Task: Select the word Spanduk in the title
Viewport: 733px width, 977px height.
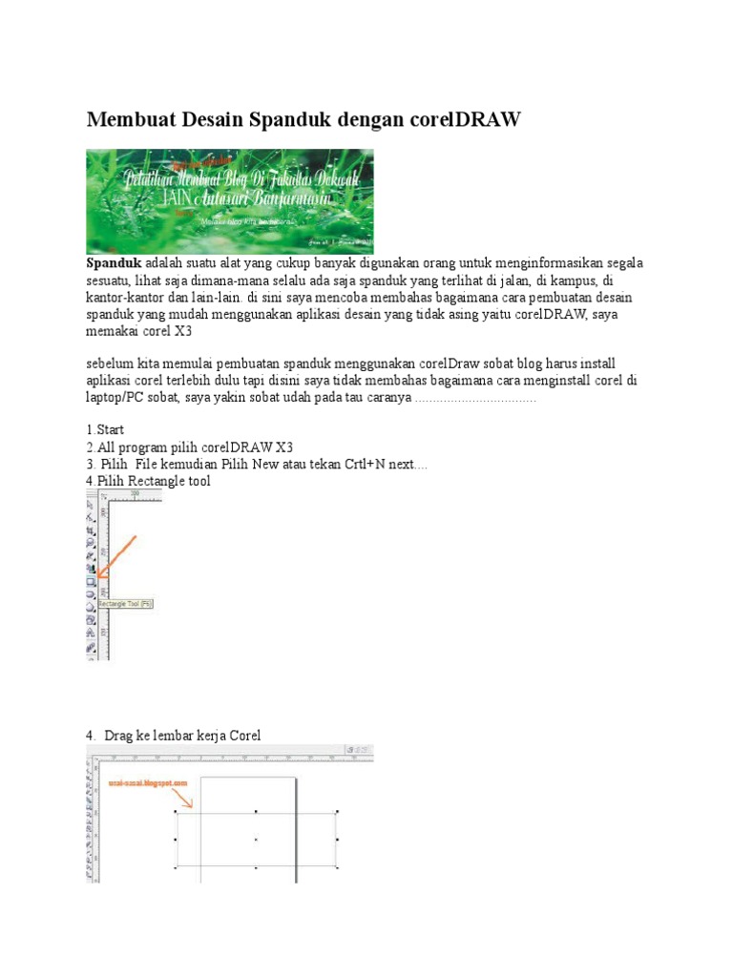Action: [294, 120]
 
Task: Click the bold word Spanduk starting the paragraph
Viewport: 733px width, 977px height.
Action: [114, 262]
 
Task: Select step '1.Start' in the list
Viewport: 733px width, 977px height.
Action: [105, 430]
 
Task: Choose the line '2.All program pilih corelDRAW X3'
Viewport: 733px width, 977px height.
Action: [190, 447]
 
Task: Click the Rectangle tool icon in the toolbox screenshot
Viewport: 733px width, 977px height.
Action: [92, 580]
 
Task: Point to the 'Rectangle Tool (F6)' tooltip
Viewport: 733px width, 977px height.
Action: [120, 604]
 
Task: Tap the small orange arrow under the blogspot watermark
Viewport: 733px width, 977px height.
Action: [185, 798]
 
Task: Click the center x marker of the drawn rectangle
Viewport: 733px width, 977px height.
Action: [256, 840]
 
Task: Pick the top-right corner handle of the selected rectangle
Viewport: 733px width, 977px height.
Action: [337, 812]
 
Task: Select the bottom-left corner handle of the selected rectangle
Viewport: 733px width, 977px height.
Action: [176, 868]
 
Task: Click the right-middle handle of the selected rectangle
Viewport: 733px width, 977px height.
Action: [337, 840]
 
